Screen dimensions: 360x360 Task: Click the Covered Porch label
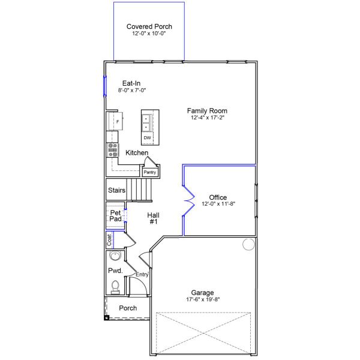[149, 26]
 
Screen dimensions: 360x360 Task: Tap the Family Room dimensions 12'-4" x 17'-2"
[207, 118]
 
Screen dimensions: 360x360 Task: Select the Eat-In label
[132, 83]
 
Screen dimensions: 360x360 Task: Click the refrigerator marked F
[116, 121]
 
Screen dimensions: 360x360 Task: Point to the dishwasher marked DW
[147, 138]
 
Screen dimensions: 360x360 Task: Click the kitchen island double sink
[147, 123]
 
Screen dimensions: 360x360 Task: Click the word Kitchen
[137, 153]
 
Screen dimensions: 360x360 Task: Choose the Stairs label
[116, 190]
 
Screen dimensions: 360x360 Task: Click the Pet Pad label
[115, 216]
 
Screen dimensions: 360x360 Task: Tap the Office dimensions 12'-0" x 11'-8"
[218, 204]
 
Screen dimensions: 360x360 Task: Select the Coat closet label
[109, 240]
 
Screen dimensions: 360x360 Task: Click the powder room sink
[115, 256]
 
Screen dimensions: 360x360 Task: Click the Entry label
[142, 275]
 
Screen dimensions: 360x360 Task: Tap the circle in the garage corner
[248, 244]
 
